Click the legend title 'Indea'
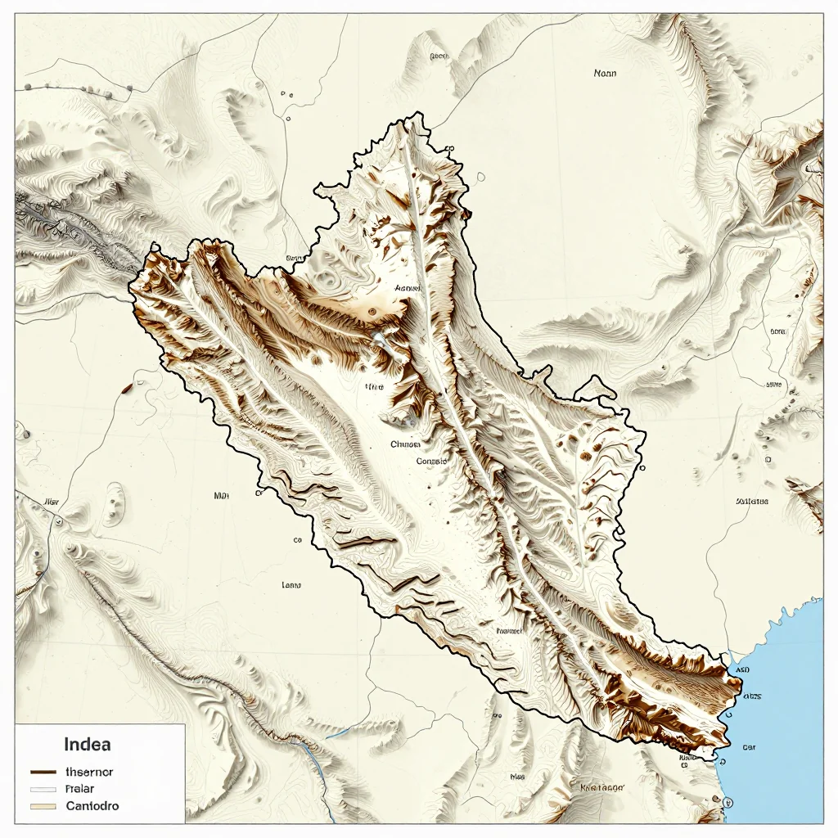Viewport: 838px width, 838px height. pyautogui.click(x=87, y=745)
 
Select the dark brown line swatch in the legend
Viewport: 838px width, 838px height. pyautogui.click(x=43, y=772)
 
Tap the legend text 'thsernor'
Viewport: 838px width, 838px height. pyautogui.click(x=89, y=772)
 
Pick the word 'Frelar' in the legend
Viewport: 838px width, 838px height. pyautogui.click(x=79, y=789)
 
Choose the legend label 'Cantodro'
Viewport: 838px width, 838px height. pyautogui.click(x=92, y=806)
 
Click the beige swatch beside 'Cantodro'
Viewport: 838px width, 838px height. pyautogui.click(x=43, y=806)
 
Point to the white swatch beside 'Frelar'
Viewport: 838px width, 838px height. pyautogui.click(x=43, y=789)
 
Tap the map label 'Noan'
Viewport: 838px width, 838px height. pyautogui.click(x=605, y=73)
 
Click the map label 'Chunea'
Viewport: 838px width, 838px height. pyautogui.click(x=405, y=444)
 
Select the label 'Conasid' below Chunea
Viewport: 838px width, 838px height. pyautogui.click(x=431, y=461)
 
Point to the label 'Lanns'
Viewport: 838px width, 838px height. pyautogui.click(x=291, y=585)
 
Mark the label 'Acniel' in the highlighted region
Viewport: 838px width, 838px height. pyautogui.click(x=407, y=288)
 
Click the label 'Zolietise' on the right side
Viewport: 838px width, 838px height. pyautogui.click(x=752, y=501)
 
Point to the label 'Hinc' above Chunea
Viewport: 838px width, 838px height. pyautogui.click(x=374, y=386)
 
